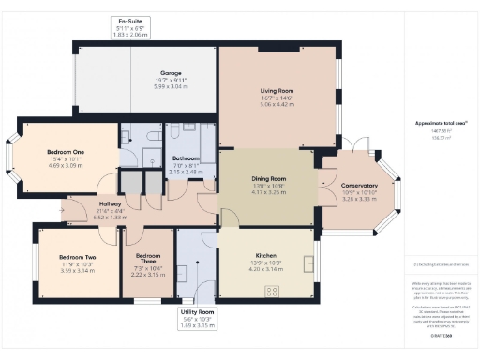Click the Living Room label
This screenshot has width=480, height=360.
(277, 91)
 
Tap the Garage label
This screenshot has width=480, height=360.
(170, 73)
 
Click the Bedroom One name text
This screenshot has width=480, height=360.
(66, 152)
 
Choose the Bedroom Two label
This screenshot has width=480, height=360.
(78, 256)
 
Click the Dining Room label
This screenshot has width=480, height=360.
(268, 178)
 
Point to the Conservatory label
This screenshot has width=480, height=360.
(359, 186)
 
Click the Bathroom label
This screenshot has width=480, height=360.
(186, 158)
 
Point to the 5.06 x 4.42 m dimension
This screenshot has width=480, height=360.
(277, 105)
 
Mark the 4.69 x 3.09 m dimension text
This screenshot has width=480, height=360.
(66, 165)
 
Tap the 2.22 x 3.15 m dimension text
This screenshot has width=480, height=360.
(148, 276)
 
